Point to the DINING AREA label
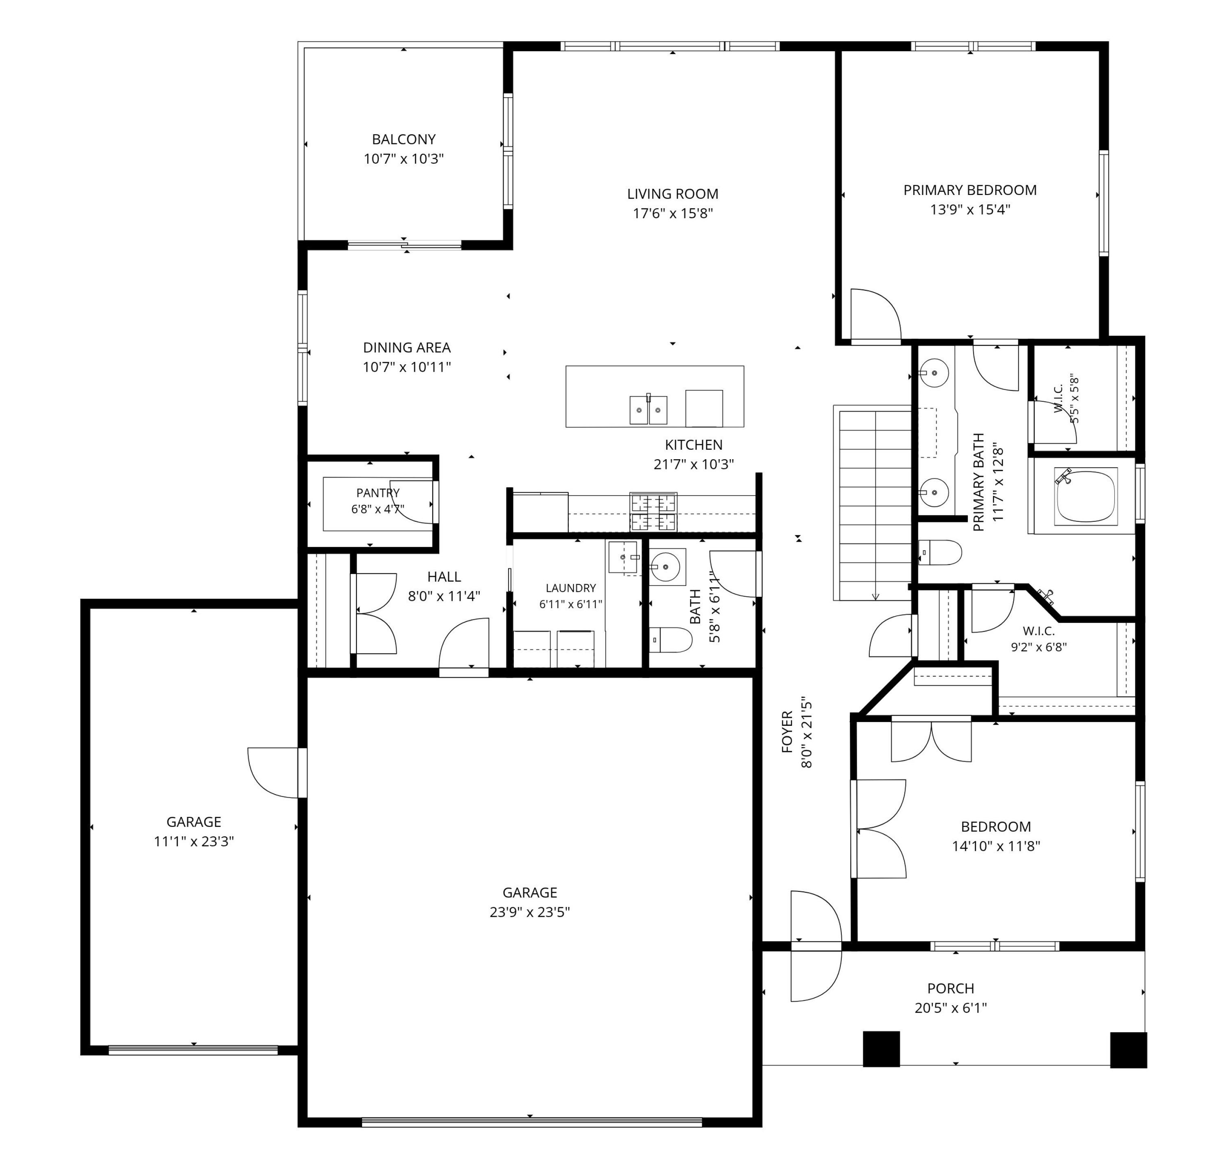click(x=407, y=348)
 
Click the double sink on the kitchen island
click(x=648, y=409)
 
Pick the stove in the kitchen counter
click(x=653, y=512)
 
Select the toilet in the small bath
click(x=670, y=639)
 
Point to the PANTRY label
click(x=378, y=493)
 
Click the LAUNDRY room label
click(x=570, y=588)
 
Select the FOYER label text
click(x=787, y=733)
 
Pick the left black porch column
click(x=881, y=1049)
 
